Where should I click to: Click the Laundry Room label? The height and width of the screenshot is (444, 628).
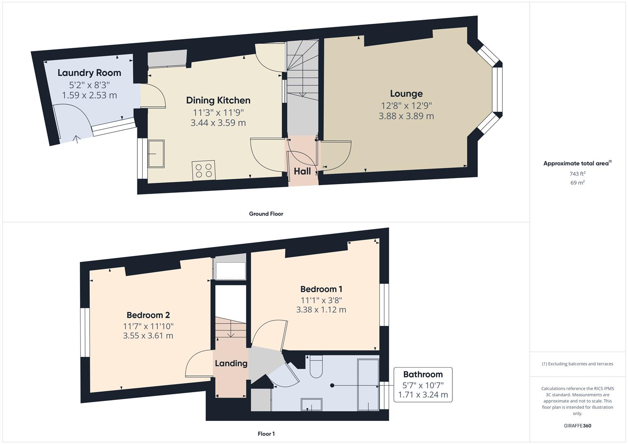tap(89, 73)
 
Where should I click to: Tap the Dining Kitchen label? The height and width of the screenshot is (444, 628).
tap(218, 100)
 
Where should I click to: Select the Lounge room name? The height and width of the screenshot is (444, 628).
tap(406, 94)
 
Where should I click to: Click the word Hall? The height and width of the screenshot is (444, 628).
tap(302, 171)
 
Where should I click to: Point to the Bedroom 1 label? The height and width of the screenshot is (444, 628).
tap(321, 289)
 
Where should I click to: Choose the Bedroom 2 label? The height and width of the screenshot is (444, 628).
tap(148, 315)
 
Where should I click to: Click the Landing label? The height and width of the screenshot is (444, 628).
tap(231, 363)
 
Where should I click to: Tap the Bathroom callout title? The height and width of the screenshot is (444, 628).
tap(423, 375)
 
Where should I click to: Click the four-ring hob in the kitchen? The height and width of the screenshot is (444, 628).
tap(203, 170)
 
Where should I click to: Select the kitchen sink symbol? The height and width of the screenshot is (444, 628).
tap(156, 154)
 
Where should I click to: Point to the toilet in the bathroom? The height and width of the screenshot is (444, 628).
tap(316, 367)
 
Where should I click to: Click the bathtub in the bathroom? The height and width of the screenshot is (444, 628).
tap(368, 384)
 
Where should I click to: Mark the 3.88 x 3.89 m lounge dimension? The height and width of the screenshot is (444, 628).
tap(406, 116)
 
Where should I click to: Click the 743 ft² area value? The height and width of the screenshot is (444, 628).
tap(577, 173)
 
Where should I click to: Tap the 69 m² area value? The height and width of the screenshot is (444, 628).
tap(577, 183)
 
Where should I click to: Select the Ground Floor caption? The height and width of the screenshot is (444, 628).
tap(266, 214)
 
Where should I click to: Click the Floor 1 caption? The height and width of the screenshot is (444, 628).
tap(266, 434)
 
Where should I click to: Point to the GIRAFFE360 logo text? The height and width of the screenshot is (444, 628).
tap(577, 426)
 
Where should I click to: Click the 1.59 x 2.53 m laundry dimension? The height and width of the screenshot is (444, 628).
tap(89, 95)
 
